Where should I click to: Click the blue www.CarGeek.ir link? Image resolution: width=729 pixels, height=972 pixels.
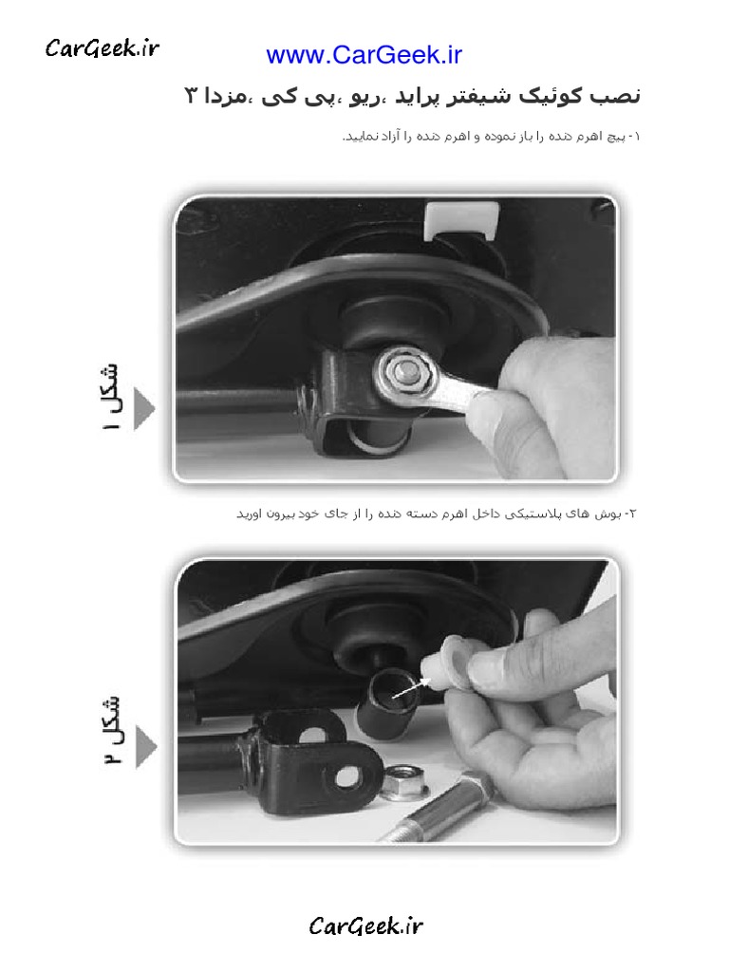[364, 55]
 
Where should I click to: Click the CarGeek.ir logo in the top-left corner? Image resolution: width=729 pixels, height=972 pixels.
[103, 47]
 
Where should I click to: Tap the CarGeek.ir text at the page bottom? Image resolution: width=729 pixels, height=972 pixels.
[365, 925]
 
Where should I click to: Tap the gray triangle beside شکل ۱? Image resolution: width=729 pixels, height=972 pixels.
[143, 408]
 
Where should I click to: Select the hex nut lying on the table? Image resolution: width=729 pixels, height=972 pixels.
[408, 780]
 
